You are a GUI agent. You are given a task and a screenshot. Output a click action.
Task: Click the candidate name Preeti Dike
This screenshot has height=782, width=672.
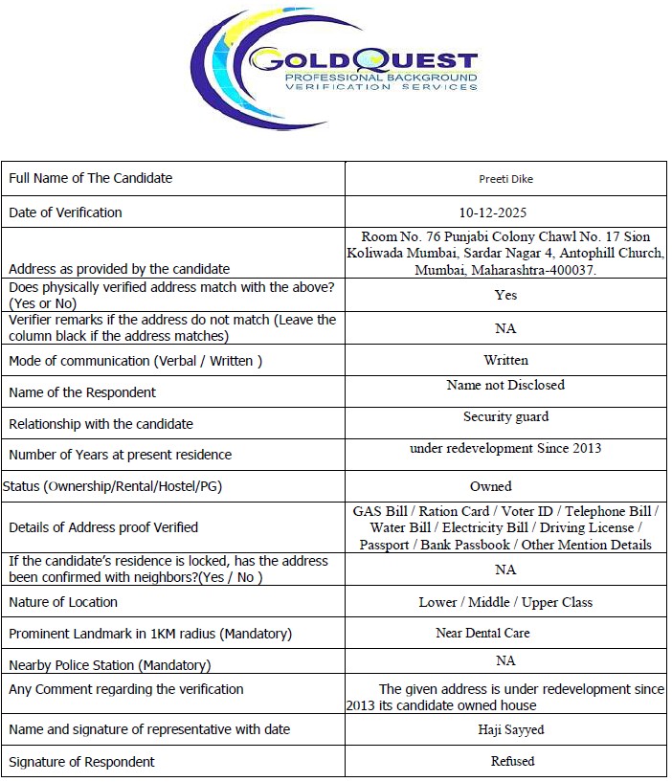[x=505, y=179]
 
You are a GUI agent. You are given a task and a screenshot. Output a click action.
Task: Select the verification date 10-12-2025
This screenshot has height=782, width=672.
[x=505, y=212]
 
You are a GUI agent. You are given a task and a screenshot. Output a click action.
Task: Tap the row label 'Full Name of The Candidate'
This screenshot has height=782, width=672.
[x=91, y=178]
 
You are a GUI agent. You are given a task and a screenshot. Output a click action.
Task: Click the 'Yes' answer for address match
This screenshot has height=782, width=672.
[x=505, y=295]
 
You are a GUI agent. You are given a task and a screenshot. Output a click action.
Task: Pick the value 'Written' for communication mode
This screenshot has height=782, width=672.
[x=505, y=360]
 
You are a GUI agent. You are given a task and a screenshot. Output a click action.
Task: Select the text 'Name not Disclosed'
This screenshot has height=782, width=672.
[x=505, y=385]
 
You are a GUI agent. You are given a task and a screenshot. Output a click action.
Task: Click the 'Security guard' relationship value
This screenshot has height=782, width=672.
[x=505, y=417]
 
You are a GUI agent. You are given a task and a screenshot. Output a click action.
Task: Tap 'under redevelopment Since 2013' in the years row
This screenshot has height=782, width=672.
[x=505, y=448]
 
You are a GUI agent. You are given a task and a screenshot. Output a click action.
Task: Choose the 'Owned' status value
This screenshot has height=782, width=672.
[x=491, y=486]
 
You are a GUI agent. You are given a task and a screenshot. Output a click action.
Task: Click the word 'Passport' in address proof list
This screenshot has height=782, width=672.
[x=384, y=545]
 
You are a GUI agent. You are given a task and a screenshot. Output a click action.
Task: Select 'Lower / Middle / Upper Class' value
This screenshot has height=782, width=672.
[x=505, y=602]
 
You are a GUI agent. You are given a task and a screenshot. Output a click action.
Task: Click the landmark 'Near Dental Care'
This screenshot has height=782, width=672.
[x=482, y=633]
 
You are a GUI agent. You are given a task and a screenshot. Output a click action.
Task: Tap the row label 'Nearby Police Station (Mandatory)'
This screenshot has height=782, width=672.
[x=110, y=665]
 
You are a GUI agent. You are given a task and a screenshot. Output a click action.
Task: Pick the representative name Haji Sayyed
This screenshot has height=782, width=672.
[x=511, y=729]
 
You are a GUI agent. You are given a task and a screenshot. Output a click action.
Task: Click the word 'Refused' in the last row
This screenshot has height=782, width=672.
[x=511, y=761]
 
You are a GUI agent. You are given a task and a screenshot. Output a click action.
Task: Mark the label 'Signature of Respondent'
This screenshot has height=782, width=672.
[x=81, y=762]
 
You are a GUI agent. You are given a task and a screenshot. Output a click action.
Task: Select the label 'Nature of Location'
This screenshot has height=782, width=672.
[x=63, y=602]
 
